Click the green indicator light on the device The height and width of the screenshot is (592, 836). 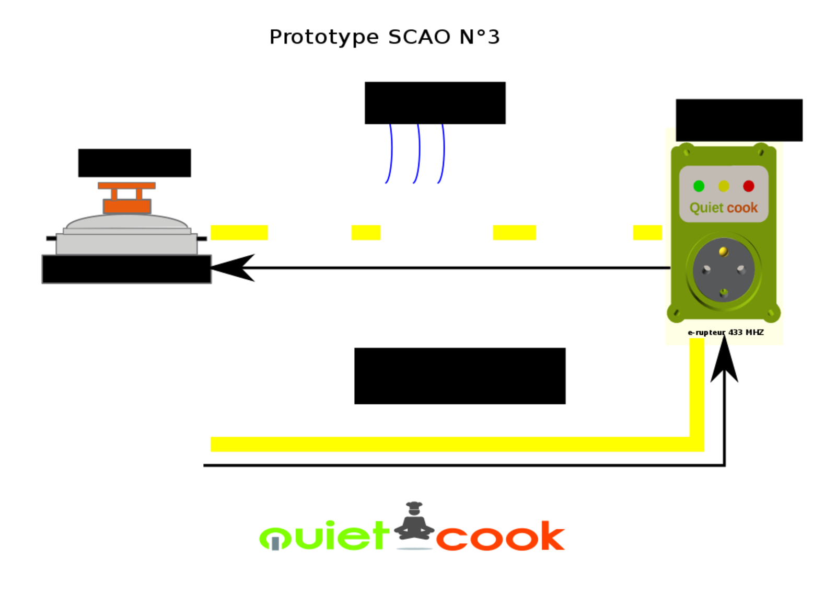[699, 186]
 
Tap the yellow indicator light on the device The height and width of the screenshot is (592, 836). [724, 186]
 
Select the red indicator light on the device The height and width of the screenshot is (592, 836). [749, 186]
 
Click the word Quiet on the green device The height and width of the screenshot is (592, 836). [706, 208]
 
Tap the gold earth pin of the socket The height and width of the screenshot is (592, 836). [724, 252]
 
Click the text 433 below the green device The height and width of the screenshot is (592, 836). [736, 332]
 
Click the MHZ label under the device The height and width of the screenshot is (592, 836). [754, 332]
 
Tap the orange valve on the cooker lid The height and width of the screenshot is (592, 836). [126, 198]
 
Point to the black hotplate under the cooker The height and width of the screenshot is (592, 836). [126, 269]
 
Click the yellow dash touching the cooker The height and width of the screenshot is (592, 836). [239, 232]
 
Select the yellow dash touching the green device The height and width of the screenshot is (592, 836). [647, 232]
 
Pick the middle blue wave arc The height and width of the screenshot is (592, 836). [417, 154]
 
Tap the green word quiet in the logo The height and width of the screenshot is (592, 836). [324, 536]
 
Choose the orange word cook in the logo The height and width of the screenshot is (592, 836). [500, 536]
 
